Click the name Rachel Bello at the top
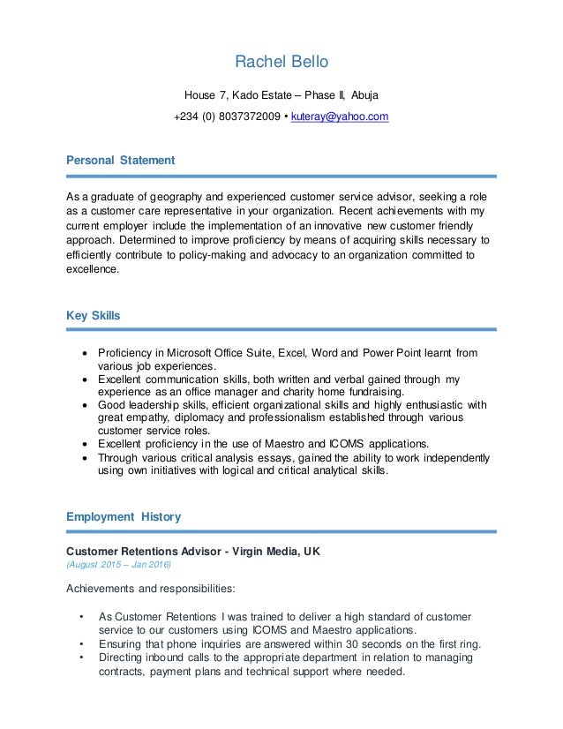click(281, 62)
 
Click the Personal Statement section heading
click(121, 161)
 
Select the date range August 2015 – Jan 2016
click(119, 565)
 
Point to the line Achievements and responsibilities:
click(151, 589)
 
